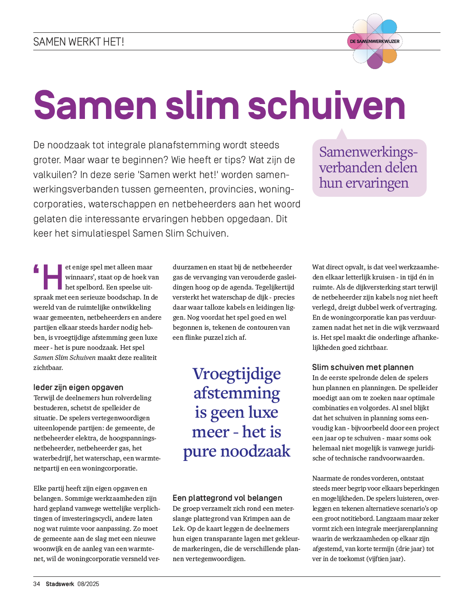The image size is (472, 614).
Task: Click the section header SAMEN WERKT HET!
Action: click(79, 42)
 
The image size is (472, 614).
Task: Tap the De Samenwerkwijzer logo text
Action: click(374, 42)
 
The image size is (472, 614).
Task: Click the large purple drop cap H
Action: click(53, 277)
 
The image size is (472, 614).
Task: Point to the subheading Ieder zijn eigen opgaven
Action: click(78, 387)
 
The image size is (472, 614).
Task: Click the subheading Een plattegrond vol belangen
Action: click(227, 498)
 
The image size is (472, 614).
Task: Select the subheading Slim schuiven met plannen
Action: click(363, 367)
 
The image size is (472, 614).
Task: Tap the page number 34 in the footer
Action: click(37, 584)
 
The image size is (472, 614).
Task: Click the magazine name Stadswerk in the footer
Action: click(60, 584)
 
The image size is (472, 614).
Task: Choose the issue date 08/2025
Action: click(88, 584)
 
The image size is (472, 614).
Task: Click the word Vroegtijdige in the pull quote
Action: click(236, 374)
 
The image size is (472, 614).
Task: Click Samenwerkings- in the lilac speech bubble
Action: click(368, 152)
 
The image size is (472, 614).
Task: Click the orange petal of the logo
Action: click(389, 56)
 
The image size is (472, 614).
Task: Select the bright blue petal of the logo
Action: click(389, 27)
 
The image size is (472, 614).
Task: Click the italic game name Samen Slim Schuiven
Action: click(64, 358)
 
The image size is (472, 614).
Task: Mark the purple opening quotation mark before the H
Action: click(36, 269)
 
